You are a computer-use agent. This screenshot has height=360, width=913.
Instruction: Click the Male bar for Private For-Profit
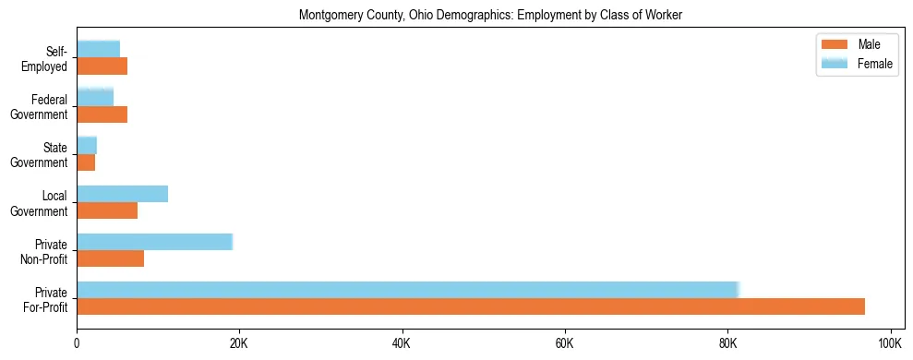471,306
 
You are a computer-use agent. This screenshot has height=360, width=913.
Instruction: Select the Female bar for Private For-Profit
408,290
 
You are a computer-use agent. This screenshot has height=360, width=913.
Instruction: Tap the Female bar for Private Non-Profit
154,242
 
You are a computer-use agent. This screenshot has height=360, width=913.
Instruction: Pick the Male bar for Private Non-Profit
110,258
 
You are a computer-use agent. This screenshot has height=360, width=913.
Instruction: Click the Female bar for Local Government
122,194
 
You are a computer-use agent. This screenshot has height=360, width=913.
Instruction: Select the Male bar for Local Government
107,210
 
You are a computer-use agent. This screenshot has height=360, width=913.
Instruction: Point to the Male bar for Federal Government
102,114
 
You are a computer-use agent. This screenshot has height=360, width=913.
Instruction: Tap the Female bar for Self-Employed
98,49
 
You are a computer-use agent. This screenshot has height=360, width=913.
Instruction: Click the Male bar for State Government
86,162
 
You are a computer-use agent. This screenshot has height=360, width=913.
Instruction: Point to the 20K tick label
239,344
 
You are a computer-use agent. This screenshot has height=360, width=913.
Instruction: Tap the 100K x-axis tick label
890,344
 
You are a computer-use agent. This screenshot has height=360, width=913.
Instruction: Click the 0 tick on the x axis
77,344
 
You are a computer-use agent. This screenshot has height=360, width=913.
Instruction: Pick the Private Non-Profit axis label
45,251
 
